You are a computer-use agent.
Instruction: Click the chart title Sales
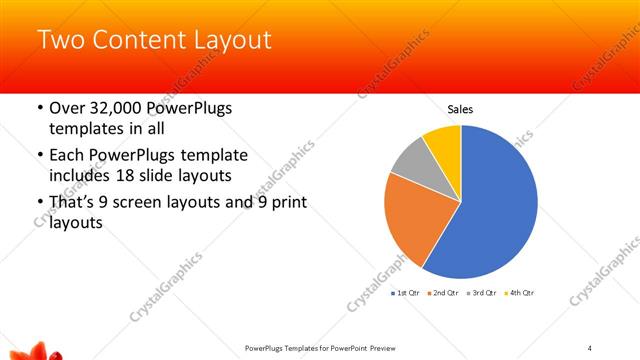click(x=460, y=109)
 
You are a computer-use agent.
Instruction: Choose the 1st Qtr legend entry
click(x=404, y=293)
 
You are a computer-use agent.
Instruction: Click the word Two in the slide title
click(x=59, y=41)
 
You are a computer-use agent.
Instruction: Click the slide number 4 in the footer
click(x=590, y=347)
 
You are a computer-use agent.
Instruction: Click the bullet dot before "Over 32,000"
click(x=38, y=109)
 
